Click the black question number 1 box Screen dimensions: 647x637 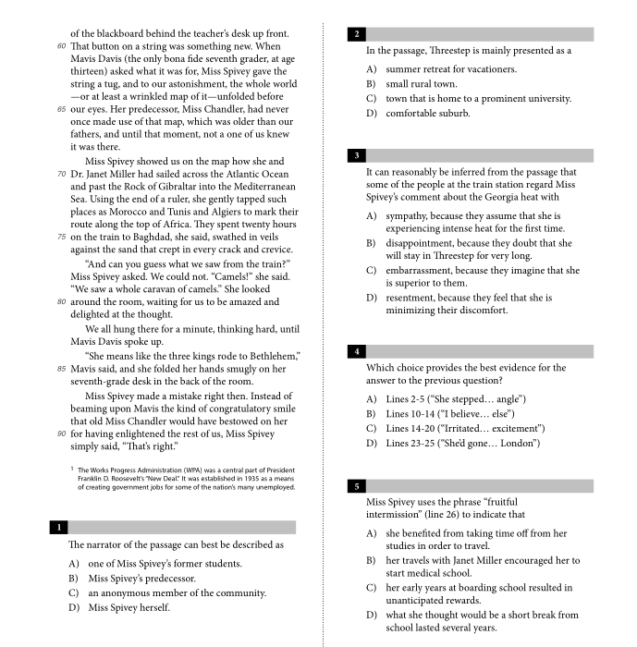point(58,528)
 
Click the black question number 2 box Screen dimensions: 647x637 point(356,34)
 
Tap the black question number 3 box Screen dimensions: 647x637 point(356,155)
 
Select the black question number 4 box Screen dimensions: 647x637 point(356,351)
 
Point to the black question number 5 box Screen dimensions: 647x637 point(356,485)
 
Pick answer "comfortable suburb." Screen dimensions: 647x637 point(427,114)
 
